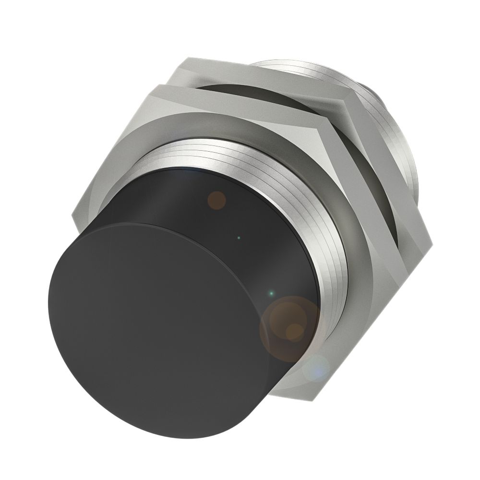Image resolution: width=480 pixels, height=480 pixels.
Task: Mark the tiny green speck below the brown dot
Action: coord(239,237)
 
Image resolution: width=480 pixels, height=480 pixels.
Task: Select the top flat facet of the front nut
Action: coord(240,103)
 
